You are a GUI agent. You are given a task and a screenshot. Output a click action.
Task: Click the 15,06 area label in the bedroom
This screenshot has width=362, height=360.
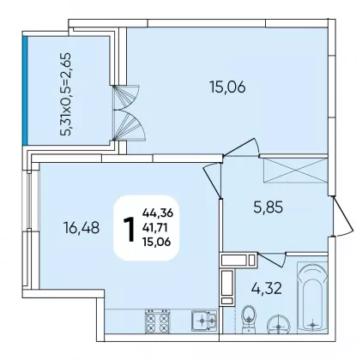[227, 87]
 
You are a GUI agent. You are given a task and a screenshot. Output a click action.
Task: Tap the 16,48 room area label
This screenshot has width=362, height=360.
[81, 228]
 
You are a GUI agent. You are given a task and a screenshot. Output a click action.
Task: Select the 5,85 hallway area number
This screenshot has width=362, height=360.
[268, 207]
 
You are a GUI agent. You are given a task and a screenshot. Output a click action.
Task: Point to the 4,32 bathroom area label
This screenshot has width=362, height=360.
[267, 288]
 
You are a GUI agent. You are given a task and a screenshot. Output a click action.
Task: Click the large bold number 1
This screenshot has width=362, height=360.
[129, 229]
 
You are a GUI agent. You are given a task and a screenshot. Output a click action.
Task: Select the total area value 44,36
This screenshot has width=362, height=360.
[158, 213]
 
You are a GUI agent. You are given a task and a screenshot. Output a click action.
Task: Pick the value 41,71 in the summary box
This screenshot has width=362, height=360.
[156, 228]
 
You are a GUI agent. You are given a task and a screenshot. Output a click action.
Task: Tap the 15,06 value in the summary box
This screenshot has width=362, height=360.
[156, 242]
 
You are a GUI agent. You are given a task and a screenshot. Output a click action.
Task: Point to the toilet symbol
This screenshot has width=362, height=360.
[250, 319]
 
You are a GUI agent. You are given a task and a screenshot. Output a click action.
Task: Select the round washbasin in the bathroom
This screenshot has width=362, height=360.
[278, 325]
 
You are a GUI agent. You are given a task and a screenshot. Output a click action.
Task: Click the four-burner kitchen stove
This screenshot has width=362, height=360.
[157, 321]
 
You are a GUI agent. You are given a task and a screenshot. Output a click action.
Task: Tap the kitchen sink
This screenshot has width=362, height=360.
[204, 321]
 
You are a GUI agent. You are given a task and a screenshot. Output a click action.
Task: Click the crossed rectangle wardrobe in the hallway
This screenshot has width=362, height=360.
[295, 170]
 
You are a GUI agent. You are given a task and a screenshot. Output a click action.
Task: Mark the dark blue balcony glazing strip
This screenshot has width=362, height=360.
[25, 91]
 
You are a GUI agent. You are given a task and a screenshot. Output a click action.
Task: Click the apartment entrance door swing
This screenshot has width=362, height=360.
[343, 216]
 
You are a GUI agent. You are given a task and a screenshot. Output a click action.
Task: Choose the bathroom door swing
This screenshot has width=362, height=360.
[273, 259]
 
